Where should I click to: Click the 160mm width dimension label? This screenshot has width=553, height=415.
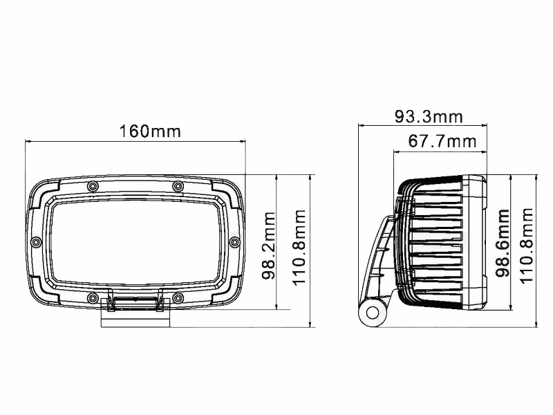(x=150, y=131)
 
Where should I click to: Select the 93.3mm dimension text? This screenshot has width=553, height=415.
(x=429, y=116)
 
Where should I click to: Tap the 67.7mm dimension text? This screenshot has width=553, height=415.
(x=442, y=141)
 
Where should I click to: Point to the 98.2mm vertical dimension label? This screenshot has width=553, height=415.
(x=268, y=246)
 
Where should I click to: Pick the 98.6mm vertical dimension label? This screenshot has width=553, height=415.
(x=503, y=243)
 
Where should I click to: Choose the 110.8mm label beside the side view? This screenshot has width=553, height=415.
(x=526, y=246)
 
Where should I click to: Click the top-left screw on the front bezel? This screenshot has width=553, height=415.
(x=93, y=185)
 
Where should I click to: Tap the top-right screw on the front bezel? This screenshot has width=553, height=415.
(x=178, y=185)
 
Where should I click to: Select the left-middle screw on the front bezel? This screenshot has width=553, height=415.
(x=36, y=242)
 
